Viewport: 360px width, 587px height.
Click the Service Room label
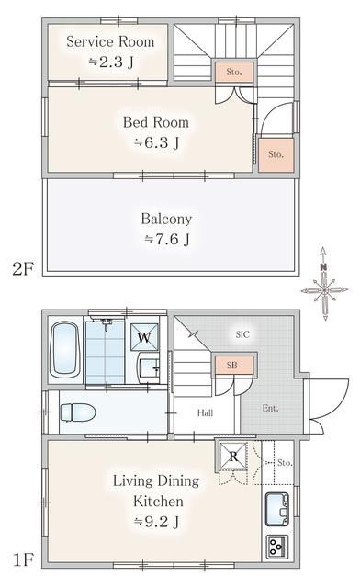(x=110, y=41)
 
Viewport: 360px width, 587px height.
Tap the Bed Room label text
(x=156, y=122)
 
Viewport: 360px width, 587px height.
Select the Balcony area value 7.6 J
(x=167, y=239)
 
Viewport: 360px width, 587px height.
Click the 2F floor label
(x=23, y=268)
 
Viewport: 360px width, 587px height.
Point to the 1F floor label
(x=23, y=559)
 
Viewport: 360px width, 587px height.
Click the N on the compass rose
(x=323, y=267)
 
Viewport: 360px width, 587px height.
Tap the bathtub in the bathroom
(x=65, y=350)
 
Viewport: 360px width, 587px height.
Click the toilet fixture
(x=77, y=413)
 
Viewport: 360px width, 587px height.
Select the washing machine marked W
(x=144, y=337)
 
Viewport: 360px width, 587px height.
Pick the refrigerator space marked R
(x=233, y=456)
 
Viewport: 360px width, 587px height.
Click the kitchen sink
(x=277, y=509)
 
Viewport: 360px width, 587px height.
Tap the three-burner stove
(x=277, y=547)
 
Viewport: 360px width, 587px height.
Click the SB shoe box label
(x=232, y=366)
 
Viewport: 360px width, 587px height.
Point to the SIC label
(x=242, y=334)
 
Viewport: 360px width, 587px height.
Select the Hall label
(x=206, y=413)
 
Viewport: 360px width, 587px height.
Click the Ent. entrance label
(x=271, y=408)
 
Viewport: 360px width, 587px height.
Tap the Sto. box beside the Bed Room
(x=276, y=154)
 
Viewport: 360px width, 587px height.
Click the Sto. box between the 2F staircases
(x=234, y=72)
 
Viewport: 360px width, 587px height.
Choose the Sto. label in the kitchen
(x=286, y=463)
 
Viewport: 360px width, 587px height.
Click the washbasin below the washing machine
(x=150, y=367)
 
